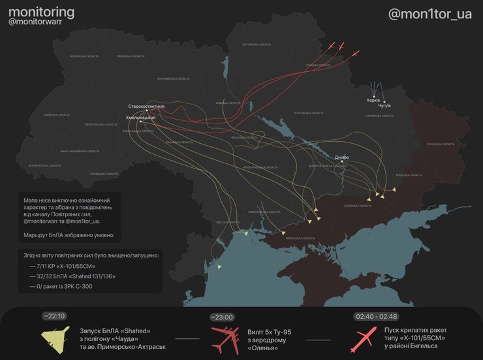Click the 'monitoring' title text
point(41,12)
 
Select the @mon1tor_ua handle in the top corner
point(429,14)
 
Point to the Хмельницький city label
point(140,117)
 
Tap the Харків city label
point(373,101)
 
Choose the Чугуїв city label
point(384,105)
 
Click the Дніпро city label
point(341,157)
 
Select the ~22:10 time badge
point(54,316)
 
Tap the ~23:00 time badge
point(222,318)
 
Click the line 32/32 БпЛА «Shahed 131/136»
point(72,276)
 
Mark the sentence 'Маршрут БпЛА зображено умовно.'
point(69,235)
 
